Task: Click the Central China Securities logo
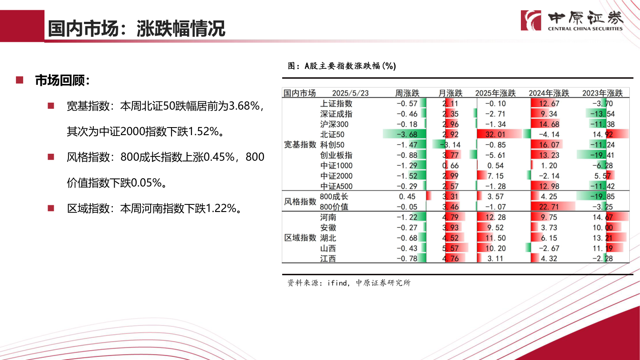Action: click(x=572, y=20)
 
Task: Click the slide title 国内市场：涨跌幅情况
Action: click(x=136, y=28)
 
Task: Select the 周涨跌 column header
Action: click(x=407, y=93)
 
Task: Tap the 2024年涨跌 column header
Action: click(x=549, y=93)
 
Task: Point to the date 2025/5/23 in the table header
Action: click(x=350, y=93)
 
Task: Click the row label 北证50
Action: click(x=332, y=134)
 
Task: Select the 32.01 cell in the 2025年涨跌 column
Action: click(x=495, y=134)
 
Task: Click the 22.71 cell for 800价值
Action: click(x=549, y=207)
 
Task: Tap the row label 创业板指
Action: click(x=336, y=155)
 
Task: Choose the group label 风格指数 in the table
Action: click(x=300, y=201)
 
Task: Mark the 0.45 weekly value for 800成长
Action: click(x=407, y=196)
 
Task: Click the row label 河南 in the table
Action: click(x=328, y=217)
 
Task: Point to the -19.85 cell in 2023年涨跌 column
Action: click(x=602, y=196)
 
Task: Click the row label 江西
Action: click(x=328, y=259)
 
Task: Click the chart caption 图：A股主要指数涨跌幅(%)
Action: click(x=342, y=66)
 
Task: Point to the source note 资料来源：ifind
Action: click(x=349, y=283)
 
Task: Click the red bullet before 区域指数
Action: click(x=51, y=208)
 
